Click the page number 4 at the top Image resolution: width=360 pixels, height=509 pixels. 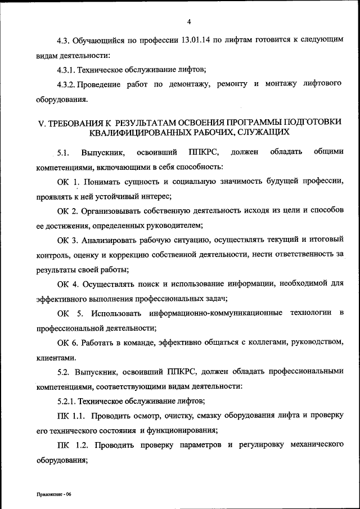pyautogui.click(x=189, y=22)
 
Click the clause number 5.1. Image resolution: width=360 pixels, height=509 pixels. pyautogui.click(x=64, y=152)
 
